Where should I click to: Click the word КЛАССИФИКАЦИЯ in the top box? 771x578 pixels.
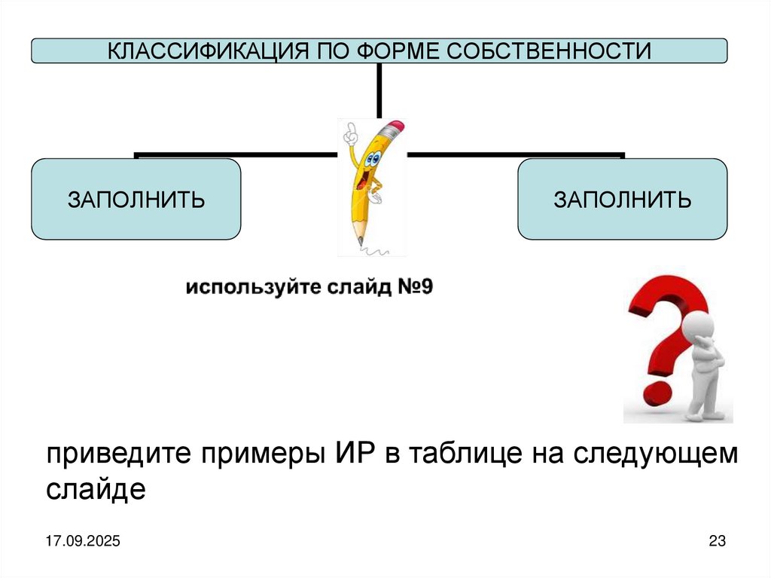click(199, 51)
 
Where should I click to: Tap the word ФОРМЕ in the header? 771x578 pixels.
click(393, 51)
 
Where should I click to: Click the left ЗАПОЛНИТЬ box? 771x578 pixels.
click(136, 200)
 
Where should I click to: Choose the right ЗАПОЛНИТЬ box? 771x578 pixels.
click(622, 200)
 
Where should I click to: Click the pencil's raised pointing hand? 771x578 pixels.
click(349, 133)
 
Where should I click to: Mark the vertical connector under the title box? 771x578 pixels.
click(379, 90)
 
